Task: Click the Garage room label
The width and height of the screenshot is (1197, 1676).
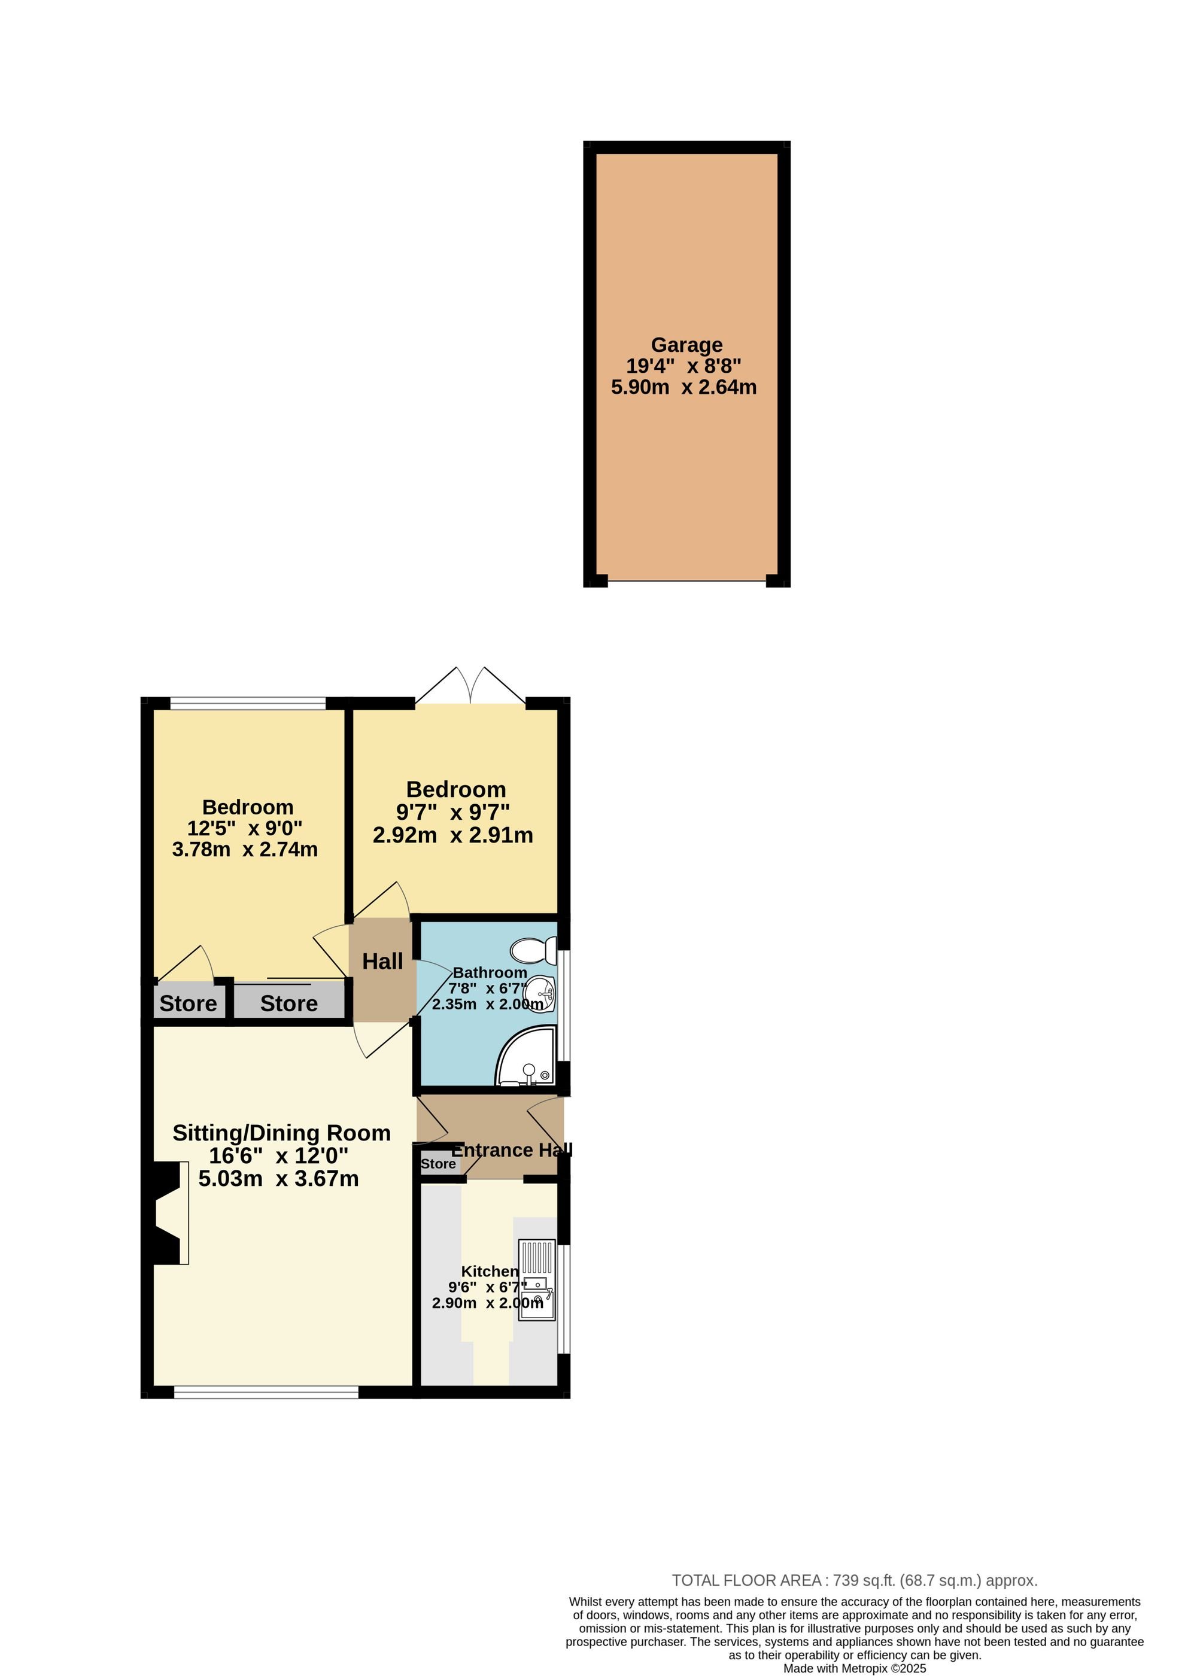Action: click(686, 345)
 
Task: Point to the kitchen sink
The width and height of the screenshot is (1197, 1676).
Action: click(537, 1280)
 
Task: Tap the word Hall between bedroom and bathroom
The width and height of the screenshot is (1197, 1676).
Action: click(382, 962)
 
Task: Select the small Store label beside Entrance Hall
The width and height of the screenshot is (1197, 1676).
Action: click(439, 1164)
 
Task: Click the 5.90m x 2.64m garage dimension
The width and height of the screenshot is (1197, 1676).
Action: click(684, 387)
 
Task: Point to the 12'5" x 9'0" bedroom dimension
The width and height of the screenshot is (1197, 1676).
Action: click(245, 828)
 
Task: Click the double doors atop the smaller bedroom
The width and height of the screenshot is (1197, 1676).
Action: click(470, 685)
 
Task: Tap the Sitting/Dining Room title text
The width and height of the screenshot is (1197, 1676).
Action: click(281, 1133)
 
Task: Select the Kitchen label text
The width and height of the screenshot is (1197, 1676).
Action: click(490, 1272)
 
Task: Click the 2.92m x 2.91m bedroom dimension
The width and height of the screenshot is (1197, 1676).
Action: click(452, 835)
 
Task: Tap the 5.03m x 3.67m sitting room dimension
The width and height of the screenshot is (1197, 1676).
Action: click(279, 1179)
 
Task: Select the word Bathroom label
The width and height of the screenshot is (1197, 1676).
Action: click(490, 972)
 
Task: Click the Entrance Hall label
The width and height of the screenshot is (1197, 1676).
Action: click(512, 1150)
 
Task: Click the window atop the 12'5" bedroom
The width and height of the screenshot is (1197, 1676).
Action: click(248, 704)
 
